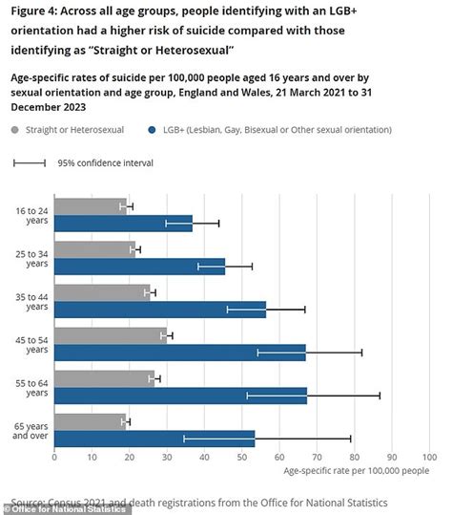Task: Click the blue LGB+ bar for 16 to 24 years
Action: pos(123,224)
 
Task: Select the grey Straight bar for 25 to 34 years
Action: pos(94,249)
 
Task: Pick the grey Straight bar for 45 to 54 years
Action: pos(110,335)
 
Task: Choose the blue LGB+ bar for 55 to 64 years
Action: pos(180,396)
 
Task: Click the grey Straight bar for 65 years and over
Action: pos(90,421)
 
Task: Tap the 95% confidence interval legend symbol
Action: pos(30,162)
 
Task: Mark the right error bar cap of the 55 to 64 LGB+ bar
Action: pos(380,396)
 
